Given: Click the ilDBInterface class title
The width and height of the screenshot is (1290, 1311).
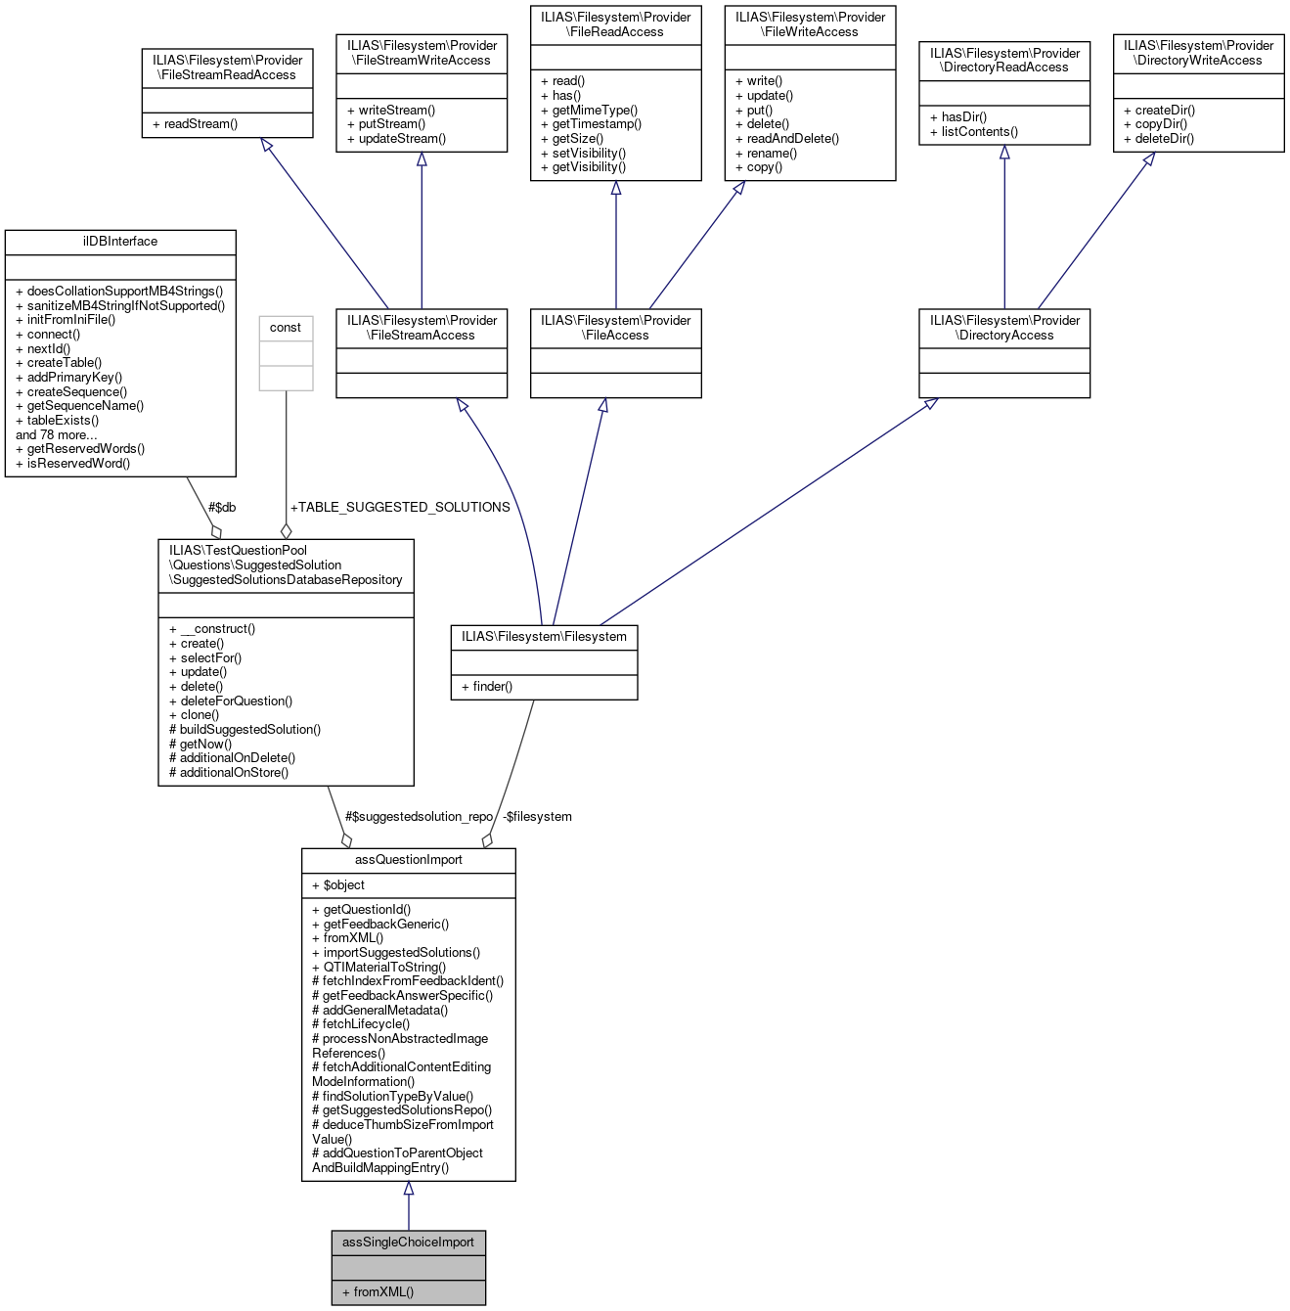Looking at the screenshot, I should coord(120,242).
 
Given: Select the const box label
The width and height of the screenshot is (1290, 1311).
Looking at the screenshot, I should coord(286,328).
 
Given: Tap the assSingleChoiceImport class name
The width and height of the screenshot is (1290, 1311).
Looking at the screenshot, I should coord(408,1243).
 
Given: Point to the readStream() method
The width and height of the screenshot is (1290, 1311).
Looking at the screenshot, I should coord(200,124).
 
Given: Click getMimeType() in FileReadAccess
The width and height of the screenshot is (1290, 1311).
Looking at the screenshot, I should coord(595,110).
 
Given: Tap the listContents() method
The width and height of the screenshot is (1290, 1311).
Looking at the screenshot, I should coord(979,132).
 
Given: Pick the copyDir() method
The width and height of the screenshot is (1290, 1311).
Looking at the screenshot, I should coord(1161,124).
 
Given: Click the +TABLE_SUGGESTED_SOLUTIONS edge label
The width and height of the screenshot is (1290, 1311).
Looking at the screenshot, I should coord(400,507).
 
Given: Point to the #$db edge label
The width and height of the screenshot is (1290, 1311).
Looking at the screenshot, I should coord(222,507).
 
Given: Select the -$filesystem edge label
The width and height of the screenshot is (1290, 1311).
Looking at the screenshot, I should coord(537,817).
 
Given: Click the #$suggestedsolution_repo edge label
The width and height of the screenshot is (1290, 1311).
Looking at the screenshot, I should coord(419,817).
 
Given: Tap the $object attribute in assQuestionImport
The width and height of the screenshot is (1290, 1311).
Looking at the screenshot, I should coord(343,885).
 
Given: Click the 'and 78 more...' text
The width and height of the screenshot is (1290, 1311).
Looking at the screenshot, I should coord(57,435).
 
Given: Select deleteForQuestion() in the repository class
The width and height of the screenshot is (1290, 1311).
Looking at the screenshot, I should coord(236,701).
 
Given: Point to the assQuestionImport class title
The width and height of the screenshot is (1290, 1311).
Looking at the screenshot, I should coord(408,860).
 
